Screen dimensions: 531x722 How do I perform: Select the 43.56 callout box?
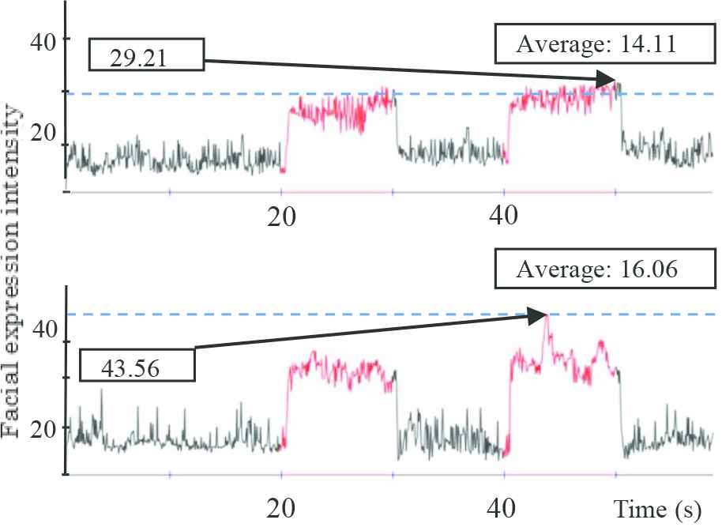[137, 367]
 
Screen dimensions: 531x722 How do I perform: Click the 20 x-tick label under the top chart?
[281, 217]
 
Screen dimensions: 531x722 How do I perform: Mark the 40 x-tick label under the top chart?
[503, 217]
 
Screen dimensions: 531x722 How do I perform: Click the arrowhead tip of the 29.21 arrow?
[615, 79]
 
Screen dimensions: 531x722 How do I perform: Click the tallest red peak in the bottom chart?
[546, 316]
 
